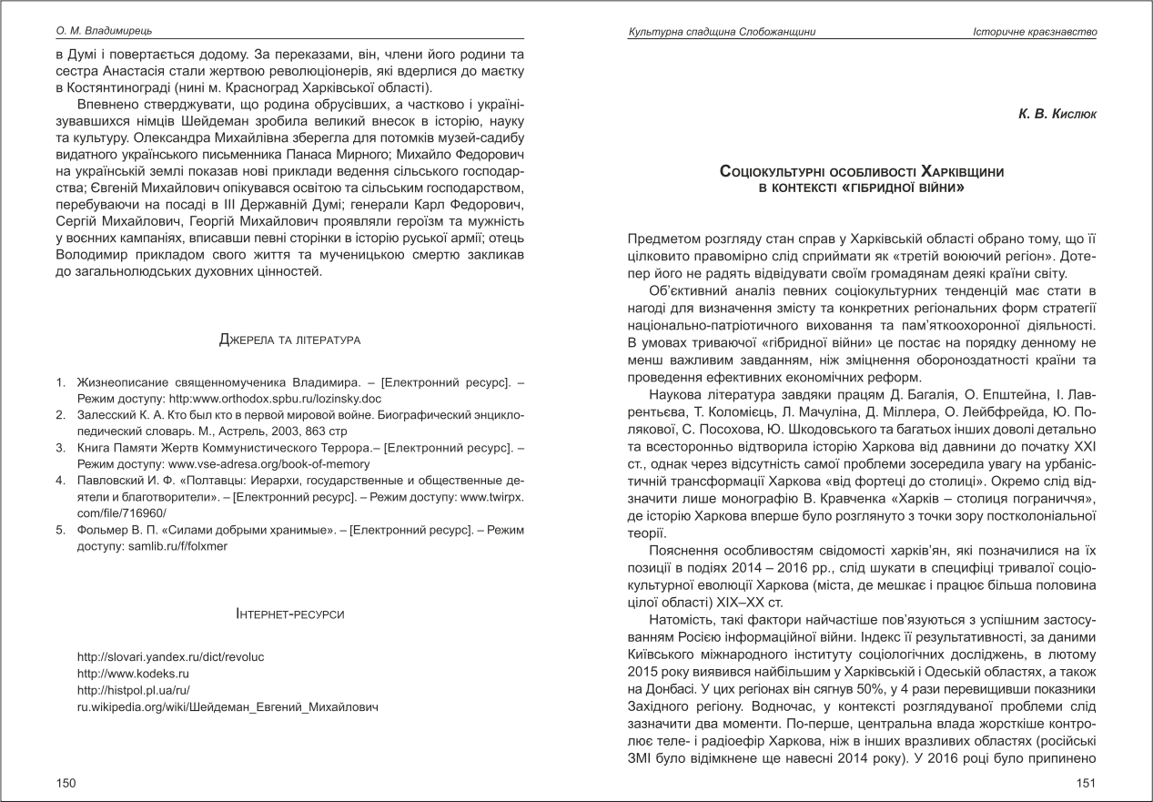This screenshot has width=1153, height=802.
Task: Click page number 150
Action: click(66, 782)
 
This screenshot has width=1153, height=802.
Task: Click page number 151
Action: click(1086, 782)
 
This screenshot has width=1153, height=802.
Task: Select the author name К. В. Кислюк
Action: click(1057, 115)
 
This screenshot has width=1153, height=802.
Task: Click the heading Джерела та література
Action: click(290, 340)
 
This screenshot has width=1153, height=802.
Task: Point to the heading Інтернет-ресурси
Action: click(290, 615)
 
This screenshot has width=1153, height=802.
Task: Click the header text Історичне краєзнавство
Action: click(1035, 32)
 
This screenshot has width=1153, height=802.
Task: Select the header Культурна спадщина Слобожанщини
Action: click(722, 32)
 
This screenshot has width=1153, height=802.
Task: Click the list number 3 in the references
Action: click(60, 448)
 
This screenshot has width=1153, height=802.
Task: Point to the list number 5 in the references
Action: click(60, 531)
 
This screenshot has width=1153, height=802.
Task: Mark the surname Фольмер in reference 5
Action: click(102, 531)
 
